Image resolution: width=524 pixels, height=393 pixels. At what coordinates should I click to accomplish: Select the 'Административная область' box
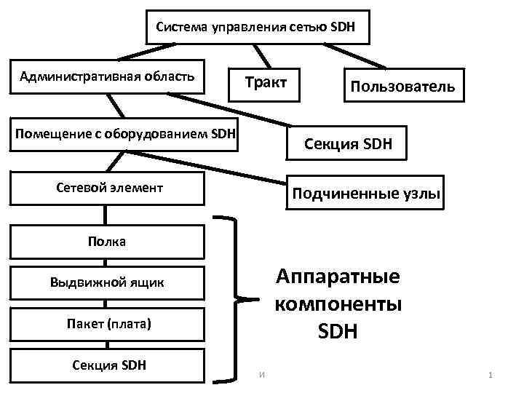point(107,75)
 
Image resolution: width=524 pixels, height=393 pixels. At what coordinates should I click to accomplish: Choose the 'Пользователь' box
point(402,87)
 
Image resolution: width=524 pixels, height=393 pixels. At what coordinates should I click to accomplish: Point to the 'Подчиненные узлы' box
point(365,193)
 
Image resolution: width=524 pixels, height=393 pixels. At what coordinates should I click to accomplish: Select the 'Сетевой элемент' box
point(107,188)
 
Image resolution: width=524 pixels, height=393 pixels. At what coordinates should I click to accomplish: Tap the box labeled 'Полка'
point(107,242)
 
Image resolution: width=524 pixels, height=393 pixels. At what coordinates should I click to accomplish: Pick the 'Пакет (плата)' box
point(107,322)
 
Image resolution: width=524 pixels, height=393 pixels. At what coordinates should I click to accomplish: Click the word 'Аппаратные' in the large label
point(338,277)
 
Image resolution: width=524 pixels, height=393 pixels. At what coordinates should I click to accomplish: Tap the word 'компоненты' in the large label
point(338,303)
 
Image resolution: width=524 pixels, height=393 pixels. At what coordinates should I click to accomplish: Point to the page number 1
point(491,375)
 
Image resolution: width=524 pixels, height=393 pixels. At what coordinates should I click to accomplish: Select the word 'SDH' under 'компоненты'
point(338,332)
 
